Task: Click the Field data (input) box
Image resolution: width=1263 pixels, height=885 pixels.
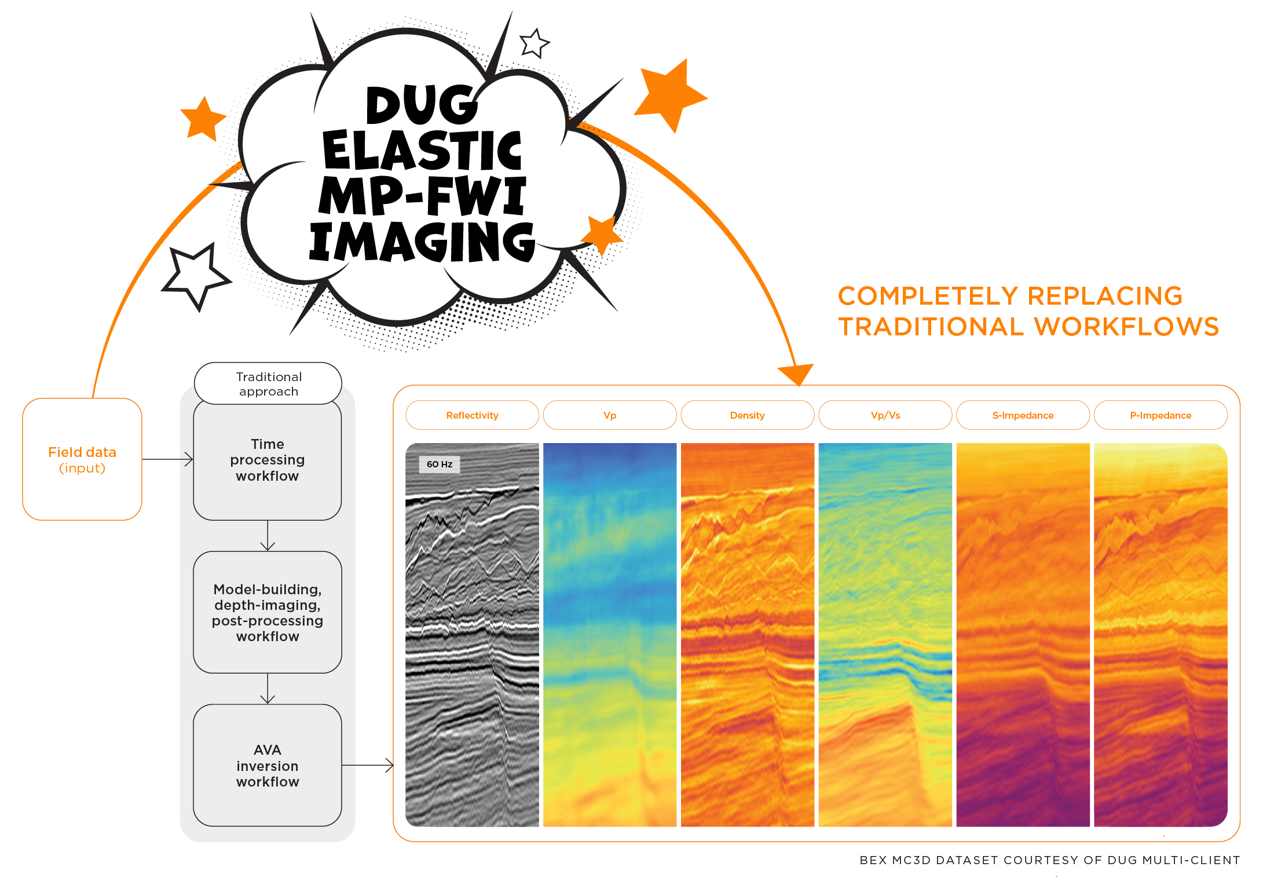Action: point(82,459)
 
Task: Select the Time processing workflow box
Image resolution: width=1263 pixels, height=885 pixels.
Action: point(267,460)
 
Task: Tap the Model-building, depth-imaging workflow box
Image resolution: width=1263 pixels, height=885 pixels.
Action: point(267,612)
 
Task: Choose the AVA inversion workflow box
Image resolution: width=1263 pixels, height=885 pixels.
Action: point(267,765)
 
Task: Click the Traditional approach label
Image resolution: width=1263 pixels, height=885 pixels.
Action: point(268,383)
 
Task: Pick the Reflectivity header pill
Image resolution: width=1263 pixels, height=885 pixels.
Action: point(472,415)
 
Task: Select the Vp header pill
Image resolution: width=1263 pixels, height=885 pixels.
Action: point(610,415)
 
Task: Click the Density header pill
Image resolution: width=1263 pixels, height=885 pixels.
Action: point(747,415)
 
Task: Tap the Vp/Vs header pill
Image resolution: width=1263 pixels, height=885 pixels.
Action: point(885,415)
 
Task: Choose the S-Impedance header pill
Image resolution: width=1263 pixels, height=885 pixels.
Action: point(1023,415)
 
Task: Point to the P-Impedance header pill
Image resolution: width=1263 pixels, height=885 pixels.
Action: point(1161,415)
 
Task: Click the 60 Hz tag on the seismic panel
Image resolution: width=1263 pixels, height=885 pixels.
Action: point(440,464)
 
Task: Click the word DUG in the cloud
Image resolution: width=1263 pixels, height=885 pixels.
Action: point(422,105)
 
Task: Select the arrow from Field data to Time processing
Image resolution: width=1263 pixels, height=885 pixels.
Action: point(167,459)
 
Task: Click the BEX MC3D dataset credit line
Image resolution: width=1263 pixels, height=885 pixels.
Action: point(1049,860)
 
